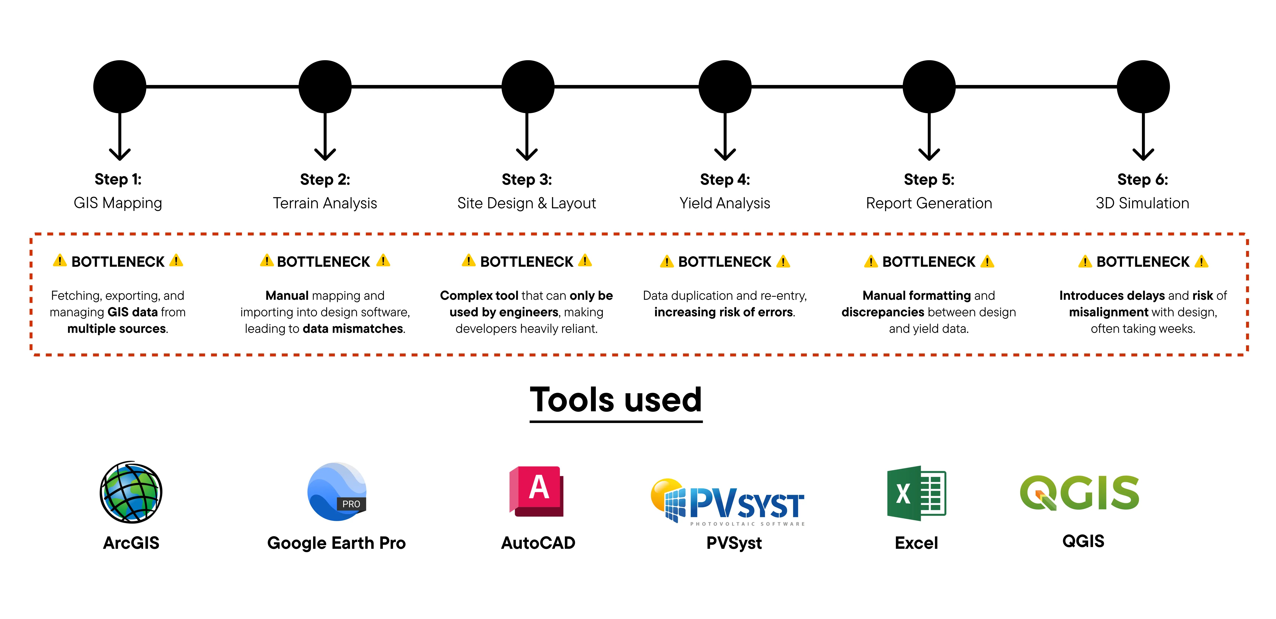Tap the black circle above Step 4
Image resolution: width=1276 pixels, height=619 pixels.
(725, 87)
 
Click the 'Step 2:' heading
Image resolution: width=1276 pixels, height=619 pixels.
(325, 179)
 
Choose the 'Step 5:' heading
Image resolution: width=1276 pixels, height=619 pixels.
(929, 179)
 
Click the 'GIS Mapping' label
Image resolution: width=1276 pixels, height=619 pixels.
(118, 203)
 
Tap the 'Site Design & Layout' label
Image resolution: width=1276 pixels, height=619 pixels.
(527, 203)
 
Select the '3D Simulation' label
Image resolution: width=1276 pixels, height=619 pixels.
(1142, 203)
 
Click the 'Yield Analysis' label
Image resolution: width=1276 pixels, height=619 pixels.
(725, 203)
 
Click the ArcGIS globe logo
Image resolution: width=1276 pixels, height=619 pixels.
(131, 492)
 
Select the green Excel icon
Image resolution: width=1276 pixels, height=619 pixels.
(916, 493)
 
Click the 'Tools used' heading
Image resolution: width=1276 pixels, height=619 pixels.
(616, 400)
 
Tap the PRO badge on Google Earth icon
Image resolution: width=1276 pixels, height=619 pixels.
(351, 504)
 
